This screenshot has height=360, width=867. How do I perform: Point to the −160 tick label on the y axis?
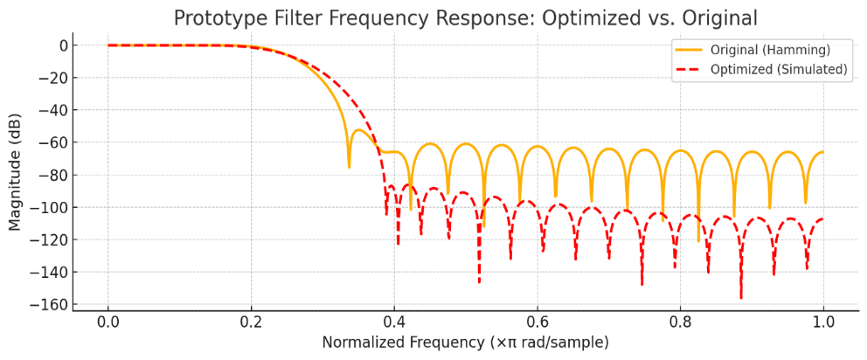click(x=51, y=304)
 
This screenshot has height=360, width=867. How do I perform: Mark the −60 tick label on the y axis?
click(x=54, y=142)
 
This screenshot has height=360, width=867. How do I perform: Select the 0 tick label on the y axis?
click(x=61, y=45)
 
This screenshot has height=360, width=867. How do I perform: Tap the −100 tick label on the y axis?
click(x=51, y=207)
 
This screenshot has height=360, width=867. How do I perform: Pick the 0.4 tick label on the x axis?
click(x=394, y=321)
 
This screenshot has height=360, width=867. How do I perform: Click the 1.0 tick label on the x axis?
click(x=823, y=321)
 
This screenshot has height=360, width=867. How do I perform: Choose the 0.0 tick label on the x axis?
click(x=108, y=321)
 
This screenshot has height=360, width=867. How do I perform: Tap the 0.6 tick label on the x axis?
click(x=537, y=321)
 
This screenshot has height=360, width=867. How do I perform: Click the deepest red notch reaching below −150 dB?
click(x=741, y=297)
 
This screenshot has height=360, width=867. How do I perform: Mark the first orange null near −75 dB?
click(x=349, y=166)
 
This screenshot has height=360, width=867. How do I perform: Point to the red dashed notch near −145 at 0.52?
click(x=479, y=281)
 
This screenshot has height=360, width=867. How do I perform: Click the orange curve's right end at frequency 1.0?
click(x=822, y=152)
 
